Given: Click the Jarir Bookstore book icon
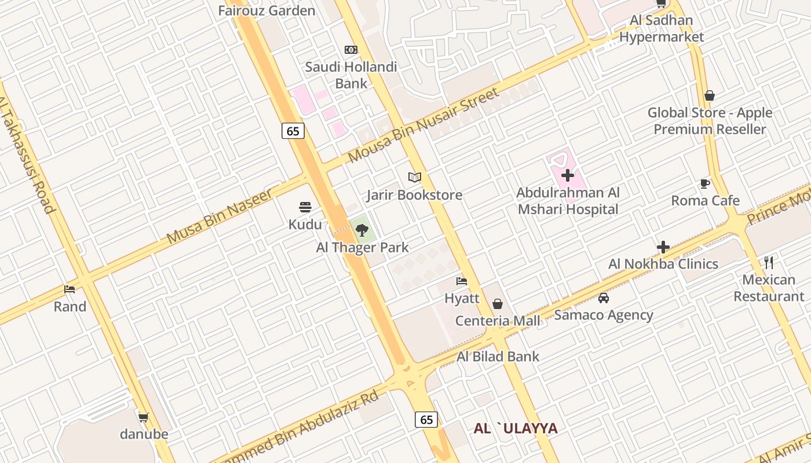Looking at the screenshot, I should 414,177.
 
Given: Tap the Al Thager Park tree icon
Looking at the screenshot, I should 362,230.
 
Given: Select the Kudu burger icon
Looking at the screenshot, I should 305,207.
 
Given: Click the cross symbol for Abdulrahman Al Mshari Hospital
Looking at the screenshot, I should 568,175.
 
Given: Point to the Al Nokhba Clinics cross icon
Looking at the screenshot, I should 663,247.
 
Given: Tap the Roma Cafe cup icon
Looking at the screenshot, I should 705,183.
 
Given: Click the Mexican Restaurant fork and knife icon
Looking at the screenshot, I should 769,262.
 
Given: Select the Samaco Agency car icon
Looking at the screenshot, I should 604,298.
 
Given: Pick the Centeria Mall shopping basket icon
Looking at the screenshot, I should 497,303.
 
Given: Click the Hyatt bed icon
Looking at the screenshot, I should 462,281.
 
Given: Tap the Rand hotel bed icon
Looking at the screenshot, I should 70,289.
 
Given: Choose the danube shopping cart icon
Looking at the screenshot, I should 143,417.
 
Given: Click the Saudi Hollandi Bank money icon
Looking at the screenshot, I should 350,50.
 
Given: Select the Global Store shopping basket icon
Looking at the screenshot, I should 710,95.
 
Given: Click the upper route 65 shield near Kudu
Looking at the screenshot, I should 293,131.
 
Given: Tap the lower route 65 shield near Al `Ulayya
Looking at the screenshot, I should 426,420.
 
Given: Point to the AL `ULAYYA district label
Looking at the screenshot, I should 516,428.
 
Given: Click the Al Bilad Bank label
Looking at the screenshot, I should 498,357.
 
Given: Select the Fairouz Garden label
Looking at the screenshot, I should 266,10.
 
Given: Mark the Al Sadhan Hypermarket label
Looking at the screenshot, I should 662,29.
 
